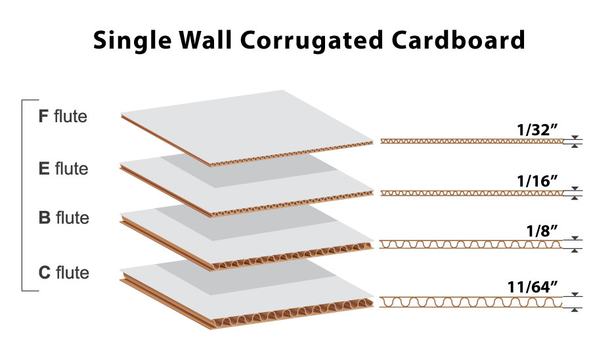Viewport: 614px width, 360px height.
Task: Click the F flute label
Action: pos(63,118)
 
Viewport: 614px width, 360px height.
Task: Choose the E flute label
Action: pos(63,169)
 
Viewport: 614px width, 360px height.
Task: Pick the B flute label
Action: pos(64,217)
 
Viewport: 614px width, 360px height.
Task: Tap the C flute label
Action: pos(64,272)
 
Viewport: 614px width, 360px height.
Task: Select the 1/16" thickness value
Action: pos(537,179)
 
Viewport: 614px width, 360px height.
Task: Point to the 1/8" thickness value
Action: pos(543,230)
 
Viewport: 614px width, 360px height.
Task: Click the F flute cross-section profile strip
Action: pos(471,141)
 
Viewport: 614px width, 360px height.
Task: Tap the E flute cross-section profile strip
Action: pos(471,192)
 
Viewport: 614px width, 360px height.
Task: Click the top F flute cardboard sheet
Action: pos(250,125)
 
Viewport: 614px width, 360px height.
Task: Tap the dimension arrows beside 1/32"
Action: pos(576,141)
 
